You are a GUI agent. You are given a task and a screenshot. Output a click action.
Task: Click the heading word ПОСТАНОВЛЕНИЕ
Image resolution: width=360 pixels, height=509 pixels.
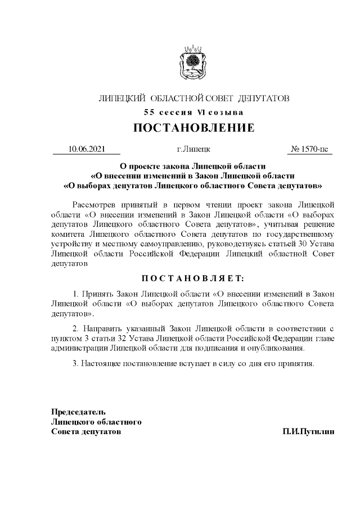194,128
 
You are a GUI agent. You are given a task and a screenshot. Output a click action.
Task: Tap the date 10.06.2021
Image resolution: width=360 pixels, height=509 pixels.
86,149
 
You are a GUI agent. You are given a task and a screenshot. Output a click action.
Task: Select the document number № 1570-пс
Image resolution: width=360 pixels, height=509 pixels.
309,149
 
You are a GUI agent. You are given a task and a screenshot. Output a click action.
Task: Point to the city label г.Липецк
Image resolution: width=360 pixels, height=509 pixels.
193,149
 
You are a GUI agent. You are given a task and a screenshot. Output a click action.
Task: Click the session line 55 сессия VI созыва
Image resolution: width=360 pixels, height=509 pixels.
194,112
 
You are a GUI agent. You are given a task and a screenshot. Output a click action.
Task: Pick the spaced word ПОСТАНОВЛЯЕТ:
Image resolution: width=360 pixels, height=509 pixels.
193,278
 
